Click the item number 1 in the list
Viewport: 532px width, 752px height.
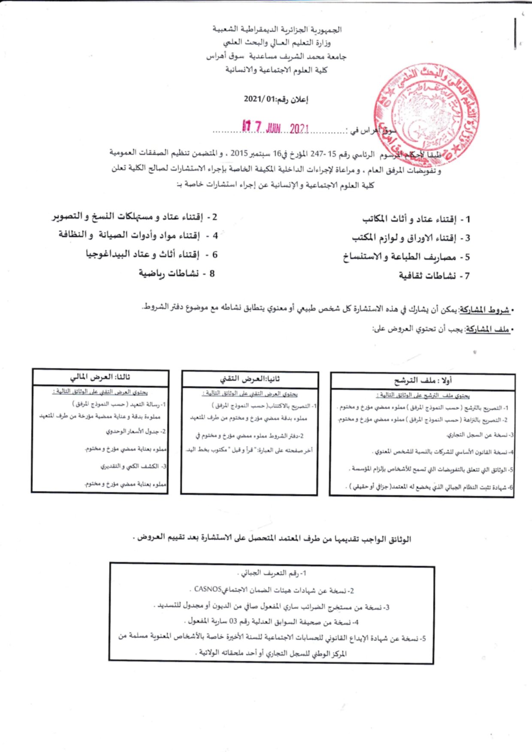pyautogui.click(x=468, y=220)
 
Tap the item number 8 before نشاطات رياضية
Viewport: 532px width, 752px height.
pyautogui.click(x=212, y=273)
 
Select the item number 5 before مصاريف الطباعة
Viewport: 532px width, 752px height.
pyautogui.click(x=467, y=257)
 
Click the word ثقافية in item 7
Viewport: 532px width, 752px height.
pyautogui.click(x=414, y=276)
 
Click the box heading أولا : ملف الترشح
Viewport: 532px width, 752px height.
pyautogui.click(x=423, y=380)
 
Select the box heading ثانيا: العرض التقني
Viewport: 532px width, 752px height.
pyautogui.click(x=250, y=379)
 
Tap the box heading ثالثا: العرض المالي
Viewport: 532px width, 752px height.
pyautogui.click(x=100, y=377)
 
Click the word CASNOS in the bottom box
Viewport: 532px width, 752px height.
pyautogui.click(x=208, y=589)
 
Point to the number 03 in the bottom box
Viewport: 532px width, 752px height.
pyautogui.click(x=233, y=621)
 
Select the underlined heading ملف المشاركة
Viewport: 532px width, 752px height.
pyautogui.click(x=487, y=329)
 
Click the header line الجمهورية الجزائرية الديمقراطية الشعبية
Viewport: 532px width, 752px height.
pyautogui.click(x=277, y=30)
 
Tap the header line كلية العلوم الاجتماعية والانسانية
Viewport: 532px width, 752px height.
pyautogui.click(x=276, y=70)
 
